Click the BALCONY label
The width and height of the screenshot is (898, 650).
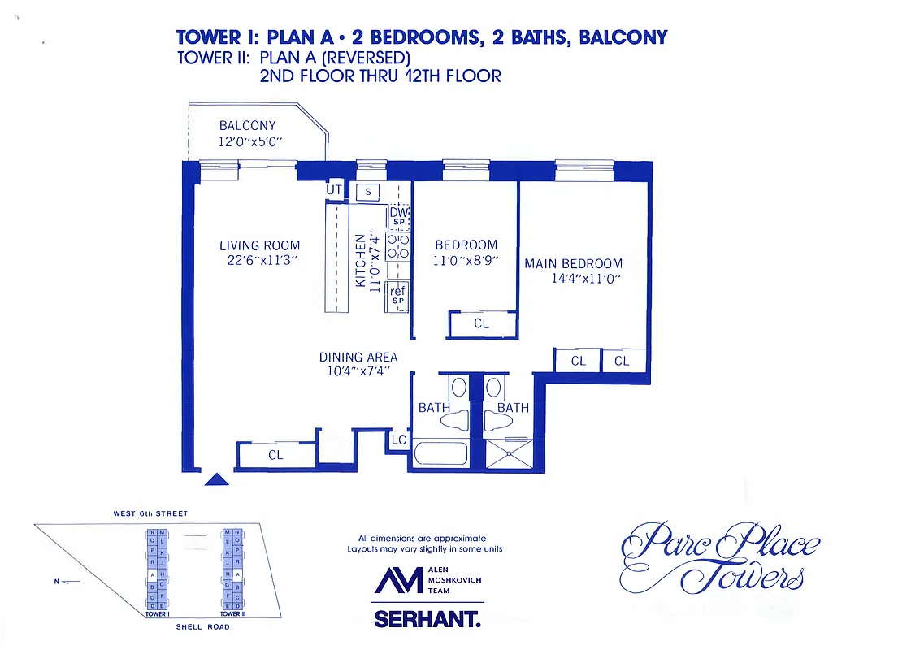[x=247, y=126]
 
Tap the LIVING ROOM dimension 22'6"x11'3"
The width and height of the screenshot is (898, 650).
[x=259, y=261]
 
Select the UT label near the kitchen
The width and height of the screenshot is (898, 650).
[x=333, y=190]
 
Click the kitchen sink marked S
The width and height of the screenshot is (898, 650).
[x=368, y=192]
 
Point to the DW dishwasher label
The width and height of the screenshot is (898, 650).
[x=398, y=213]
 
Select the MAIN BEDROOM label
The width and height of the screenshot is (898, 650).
[x=573, y=263]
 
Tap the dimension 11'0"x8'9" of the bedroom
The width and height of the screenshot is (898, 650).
[x=466, y=261]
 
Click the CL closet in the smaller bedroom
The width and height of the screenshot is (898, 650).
[x=481, y=323]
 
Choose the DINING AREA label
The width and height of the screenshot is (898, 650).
[x=358, y=357]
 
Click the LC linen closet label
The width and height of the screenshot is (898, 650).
[x=398, y=440]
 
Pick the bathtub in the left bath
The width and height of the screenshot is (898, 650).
[x=441, y=453]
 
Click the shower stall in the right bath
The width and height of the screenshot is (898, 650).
[x=507, y=453]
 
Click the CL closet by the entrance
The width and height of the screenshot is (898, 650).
[x=275, y=455]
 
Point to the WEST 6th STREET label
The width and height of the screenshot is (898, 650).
[x=150, y=513]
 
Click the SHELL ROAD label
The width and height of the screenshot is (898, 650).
[x=202, y=627]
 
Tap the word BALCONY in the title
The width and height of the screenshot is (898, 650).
[x=623, y=37]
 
